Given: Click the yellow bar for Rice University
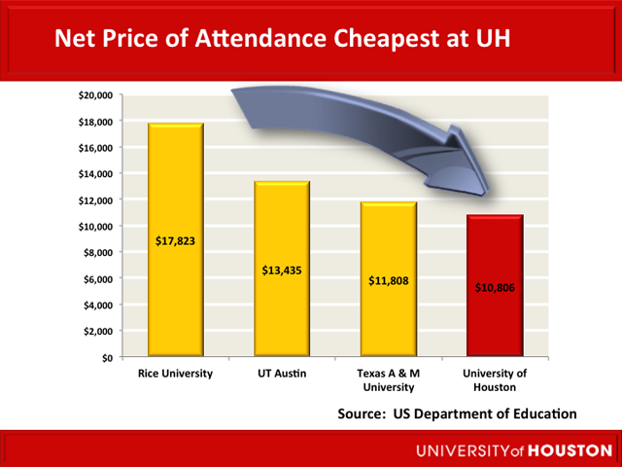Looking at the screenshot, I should coord(175,282).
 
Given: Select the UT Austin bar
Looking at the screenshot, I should coord(282,311).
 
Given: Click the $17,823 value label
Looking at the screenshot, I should coord(175,240).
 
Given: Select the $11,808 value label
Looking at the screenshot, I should coord(389,281).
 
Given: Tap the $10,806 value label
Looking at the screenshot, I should coord(496,288).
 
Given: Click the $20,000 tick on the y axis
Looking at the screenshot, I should coord(96,95).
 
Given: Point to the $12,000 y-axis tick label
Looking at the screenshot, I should coord(96,199).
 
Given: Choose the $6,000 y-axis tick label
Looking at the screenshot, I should coord(98,278).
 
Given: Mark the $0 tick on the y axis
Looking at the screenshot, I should coord(107,357).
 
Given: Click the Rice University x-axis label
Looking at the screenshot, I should coord(175,373).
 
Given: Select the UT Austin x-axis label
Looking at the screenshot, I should coord(282,373).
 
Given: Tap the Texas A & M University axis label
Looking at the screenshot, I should coord(389,379).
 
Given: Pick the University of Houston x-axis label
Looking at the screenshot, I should coord(496,379).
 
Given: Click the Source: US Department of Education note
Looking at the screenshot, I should coord(457,413).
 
